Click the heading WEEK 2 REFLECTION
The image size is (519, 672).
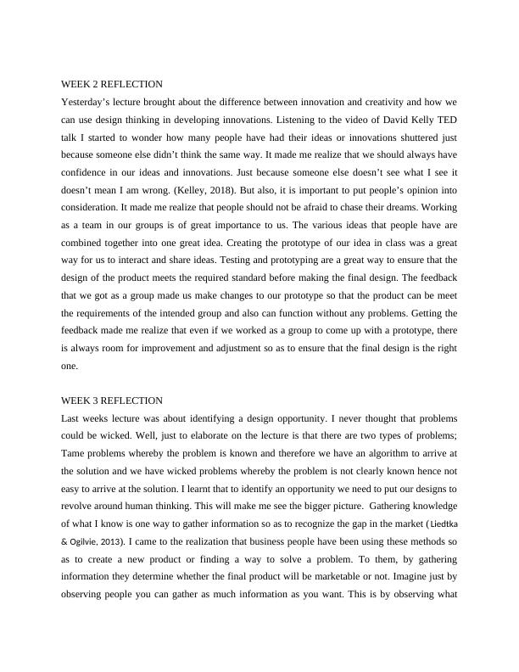(x=111, y=84)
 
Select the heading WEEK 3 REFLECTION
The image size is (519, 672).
(x=111, y=400)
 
